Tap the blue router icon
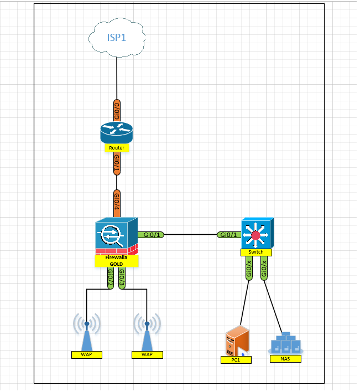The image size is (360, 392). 117,132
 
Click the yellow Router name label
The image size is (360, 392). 117,148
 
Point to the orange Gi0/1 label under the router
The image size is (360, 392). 117,164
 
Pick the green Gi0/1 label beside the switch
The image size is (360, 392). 227,235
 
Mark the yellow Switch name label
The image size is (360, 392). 255,252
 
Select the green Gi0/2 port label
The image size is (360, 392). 109,278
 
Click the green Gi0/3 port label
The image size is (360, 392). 122,278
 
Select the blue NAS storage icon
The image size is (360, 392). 286,343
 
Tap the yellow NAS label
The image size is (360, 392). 286,359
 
